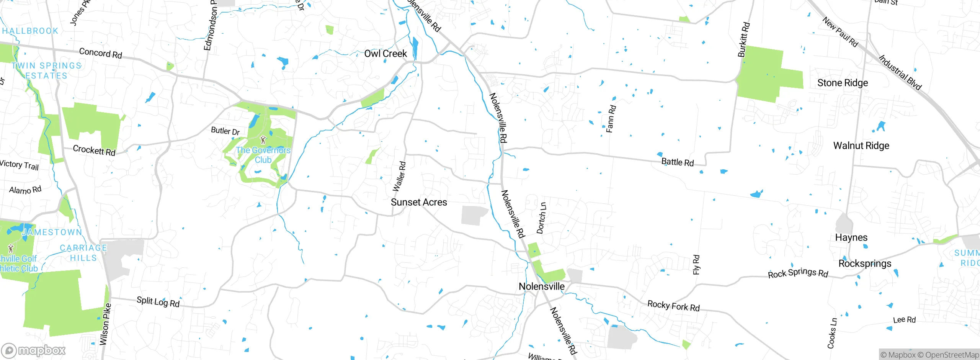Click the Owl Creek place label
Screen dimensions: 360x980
[385, 54]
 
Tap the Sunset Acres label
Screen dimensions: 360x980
[419, 202]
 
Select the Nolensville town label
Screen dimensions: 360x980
[541, 286]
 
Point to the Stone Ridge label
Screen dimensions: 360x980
[843, 83]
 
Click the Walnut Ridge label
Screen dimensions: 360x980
[861, 146]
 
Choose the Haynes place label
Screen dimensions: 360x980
[851, 237]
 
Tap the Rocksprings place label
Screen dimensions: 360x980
[865, 264]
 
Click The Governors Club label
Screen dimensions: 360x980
[263, 155]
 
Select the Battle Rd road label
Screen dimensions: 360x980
[677, 162]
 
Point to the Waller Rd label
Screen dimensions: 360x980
[399, 177]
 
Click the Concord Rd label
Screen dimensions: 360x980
[100, 53]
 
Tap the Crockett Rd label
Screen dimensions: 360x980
[94, 150]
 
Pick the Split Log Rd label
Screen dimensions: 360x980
[158, 302]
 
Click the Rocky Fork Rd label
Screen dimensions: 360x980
[673, 306]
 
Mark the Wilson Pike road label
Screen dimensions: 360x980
[105, 324]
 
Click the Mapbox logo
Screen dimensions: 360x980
[34, 350]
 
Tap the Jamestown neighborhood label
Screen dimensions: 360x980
[52, 232]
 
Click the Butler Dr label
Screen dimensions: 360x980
[225, 131]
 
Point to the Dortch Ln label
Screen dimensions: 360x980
[541, 218]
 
